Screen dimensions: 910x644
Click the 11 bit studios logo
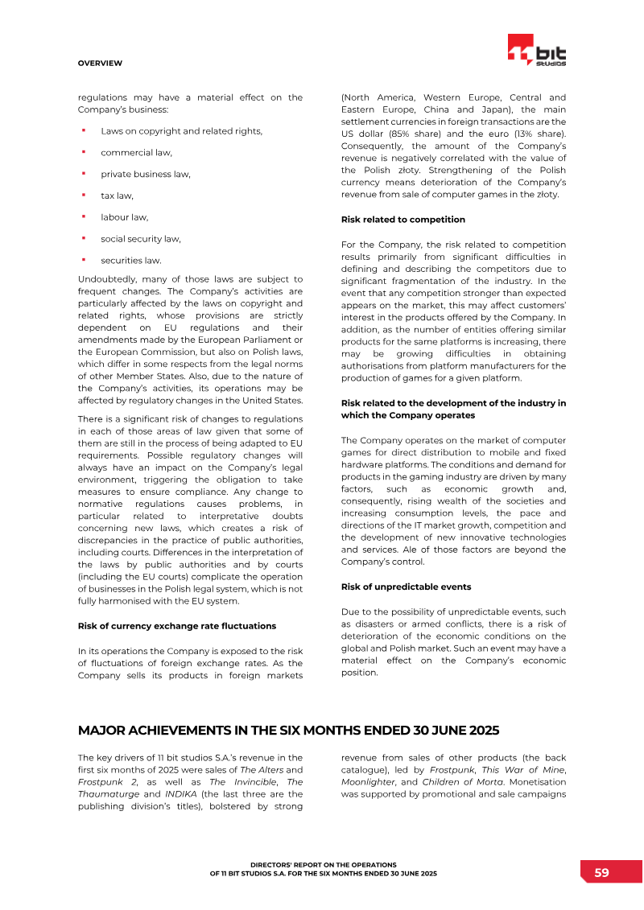pyautogui.click(x=536, y=51)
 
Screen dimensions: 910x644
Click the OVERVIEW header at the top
pyautogui.click(x=100, y=63)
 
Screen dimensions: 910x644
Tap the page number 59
pyautogui.click(x=601, y=872)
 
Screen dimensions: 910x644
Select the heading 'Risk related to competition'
pyautogui.click(x=402, y=220)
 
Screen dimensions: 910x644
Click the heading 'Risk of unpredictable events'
pyautogui.click(x=406, y=587)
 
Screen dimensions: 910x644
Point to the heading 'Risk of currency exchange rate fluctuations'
pyautogui.click(x=176, y=625)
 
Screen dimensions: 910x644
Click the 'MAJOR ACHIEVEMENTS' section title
pyautogui.click(x=288, y=731)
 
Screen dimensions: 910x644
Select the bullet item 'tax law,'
pyautogui.click(x=117, y=196)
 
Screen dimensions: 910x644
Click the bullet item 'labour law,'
pyautogui.click(x=124, y=217)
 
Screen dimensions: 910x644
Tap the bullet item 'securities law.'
pyautogui.click(x=130, y=260)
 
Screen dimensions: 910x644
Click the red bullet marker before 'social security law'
pyautogui.click(x=83, y=238)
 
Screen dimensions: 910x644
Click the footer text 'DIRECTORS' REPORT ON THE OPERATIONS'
pyautogui.click(x=323, y=864)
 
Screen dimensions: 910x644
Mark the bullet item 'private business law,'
pyautogui.click(x=146, y=174)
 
